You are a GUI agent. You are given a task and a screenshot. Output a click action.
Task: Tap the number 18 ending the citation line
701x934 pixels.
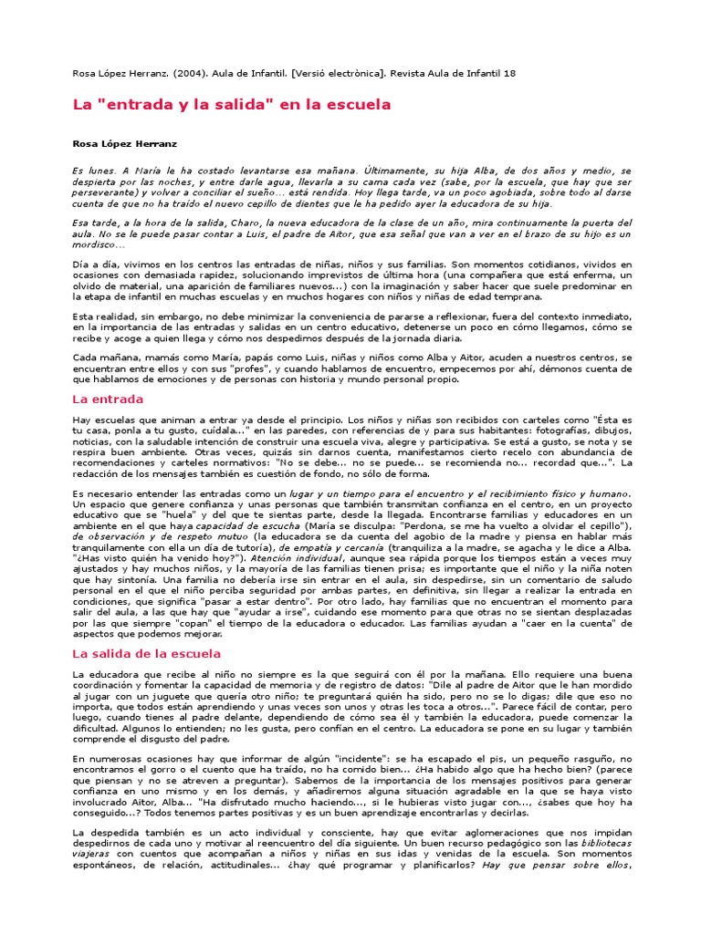click(x=509, y=73)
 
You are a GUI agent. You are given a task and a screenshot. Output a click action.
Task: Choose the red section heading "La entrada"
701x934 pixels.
click(x=108, y=399)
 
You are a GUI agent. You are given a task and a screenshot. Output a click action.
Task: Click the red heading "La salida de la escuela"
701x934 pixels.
click(x=146, y=654)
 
